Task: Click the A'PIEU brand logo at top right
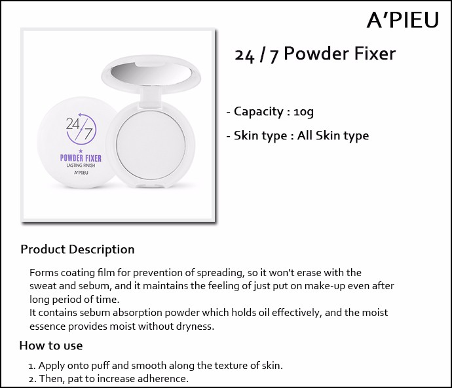(x=403, y=20)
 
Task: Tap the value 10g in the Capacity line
(x=303, y=112)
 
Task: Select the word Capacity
(x=259, y=112)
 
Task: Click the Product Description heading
(x=77, y=249)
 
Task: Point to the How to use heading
(x=51, y=345)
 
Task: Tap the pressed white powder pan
(x=151, y=145)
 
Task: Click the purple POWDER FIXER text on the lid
(x=81, y=158)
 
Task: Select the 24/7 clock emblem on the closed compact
(x=81, y=130)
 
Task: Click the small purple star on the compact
(x=81, y=151)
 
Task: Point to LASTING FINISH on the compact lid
(x=81, y=166)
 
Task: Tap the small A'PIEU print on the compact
(x=81, y=173)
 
